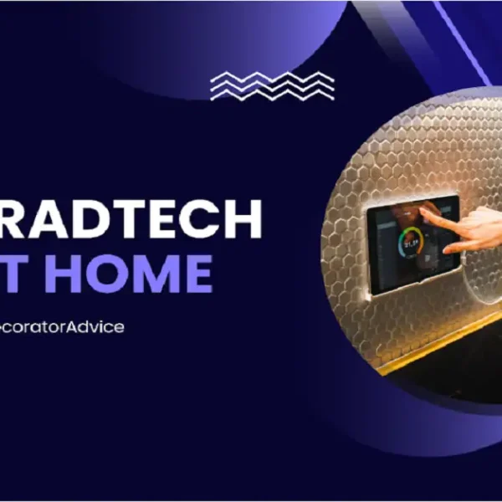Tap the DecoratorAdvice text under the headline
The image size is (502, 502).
[x=63, y=326]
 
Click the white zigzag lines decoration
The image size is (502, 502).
[x=272, y=85]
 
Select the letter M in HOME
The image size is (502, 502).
[x=154, y=272]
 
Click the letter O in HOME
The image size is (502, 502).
[x=106, y=272]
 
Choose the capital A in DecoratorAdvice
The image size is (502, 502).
[x=86, y=326]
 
